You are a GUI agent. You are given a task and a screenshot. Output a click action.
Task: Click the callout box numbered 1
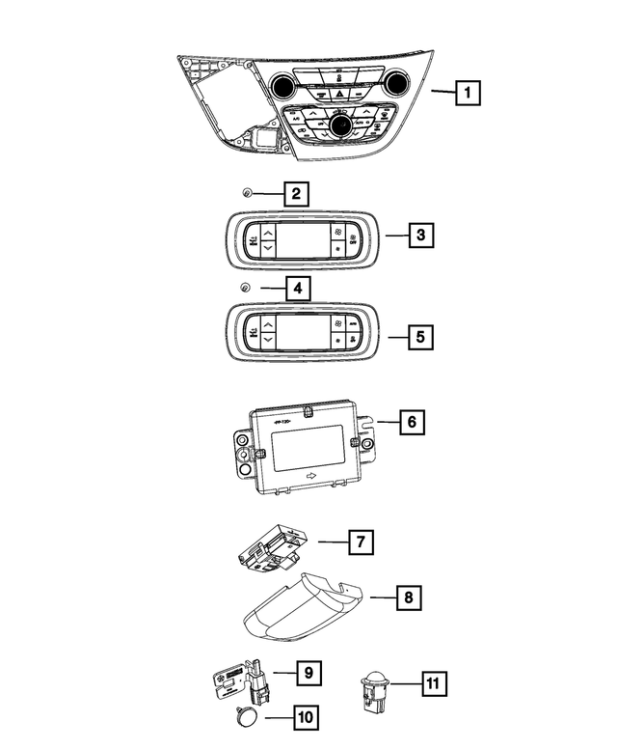[468, 94]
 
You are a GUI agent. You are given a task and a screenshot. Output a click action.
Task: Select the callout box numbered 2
[296, 194]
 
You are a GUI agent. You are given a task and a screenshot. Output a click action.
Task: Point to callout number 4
[298, 287]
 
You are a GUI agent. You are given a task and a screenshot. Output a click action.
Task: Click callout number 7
[359, 542]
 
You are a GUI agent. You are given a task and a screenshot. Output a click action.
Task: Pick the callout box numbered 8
[409, 598]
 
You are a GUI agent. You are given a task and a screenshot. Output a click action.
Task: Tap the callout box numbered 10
[306, 717]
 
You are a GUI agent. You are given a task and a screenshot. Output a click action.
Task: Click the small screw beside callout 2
[248, 194]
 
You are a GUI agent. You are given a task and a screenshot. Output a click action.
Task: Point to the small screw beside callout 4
[246, 287]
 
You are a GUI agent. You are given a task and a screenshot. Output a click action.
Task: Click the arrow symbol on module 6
[310, 477]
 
